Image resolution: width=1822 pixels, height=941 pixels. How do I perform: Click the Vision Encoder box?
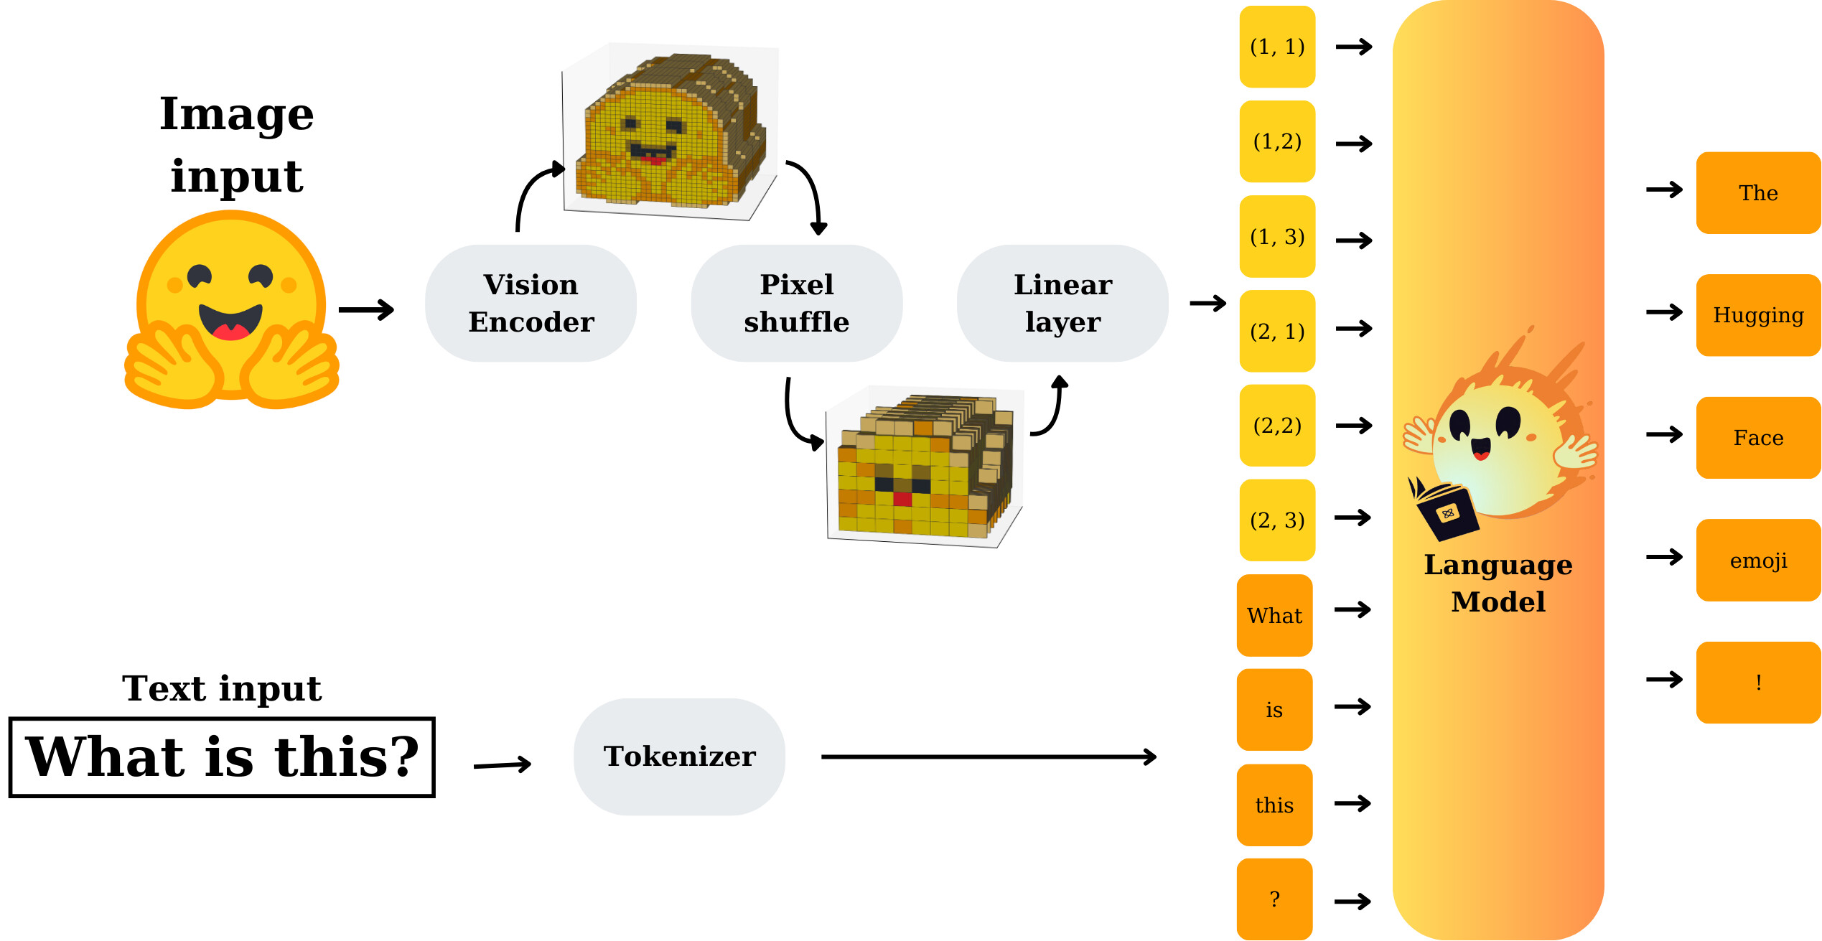531,303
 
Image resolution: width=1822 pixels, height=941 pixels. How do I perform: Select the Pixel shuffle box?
796,303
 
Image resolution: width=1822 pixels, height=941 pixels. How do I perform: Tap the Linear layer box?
1062,303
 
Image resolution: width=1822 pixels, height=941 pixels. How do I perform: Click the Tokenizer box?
679,757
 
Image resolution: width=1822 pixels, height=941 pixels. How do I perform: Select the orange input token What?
1274,615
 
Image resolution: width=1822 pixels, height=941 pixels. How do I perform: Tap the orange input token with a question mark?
1274,899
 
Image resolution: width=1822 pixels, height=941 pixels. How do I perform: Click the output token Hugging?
1758,315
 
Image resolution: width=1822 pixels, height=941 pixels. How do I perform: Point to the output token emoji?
1758,560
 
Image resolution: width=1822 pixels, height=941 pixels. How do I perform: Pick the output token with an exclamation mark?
1758,682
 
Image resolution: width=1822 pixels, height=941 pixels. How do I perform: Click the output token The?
1758,192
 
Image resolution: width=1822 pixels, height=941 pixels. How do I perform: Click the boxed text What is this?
222,757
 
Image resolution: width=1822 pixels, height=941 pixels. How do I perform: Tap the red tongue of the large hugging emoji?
230,332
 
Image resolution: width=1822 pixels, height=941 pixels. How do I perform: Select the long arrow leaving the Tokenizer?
988,757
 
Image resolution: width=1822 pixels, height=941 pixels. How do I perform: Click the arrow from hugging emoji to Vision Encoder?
366,310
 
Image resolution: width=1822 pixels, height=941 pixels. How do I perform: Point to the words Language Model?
1498,583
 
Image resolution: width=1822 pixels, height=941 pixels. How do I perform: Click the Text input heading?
222,688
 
